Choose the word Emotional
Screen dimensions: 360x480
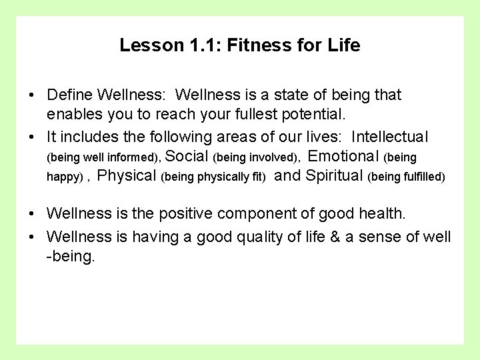click(x=344, y=157)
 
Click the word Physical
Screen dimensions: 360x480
click(x=127, y=177)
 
